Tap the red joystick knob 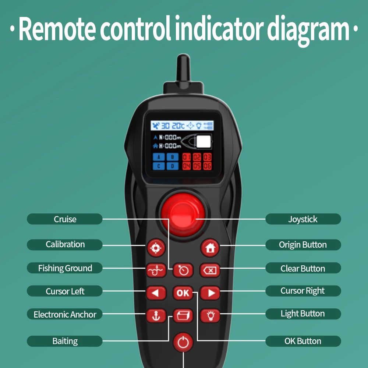pyautogui.click(x=183, y=215)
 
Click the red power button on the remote pyautogui.click(x=183, y=342)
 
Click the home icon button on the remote pyautogui.click(x=210, y=248)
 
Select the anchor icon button pyautogui.click(x=156, y=316)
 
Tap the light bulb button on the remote pyautogui.click(x=210, y=316)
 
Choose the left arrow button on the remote pyautogui.click(x=156, y=293)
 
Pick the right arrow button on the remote pyautogui.click(x=210, y=293)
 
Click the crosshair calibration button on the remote pyautogui.click(x=156, y=248)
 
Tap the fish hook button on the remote pyautogui.click(x=156, y=270)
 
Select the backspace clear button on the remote pyautogui.click(x=210, y=270)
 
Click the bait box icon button pyautogui.click(x=183, y=316)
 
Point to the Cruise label pyautogui.click(x=65, y=219)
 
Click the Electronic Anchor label pyautogui.click(x=65, y=314)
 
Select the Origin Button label pyautogui.click(x=303, y=245)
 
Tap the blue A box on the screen pyautogui.click(x=159, y=157)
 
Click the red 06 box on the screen pyautogui.click(x=208, y=166)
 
